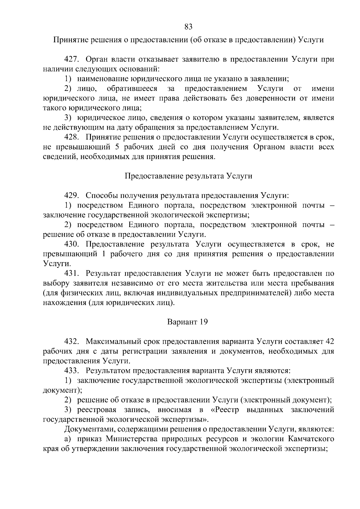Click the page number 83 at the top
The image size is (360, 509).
click(x=188, y=27)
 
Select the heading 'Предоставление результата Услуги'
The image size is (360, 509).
click(x=188, y=176)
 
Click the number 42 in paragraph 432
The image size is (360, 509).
click(x=329, y=341)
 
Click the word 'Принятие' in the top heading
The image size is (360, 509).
click(x=68, y=40)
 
